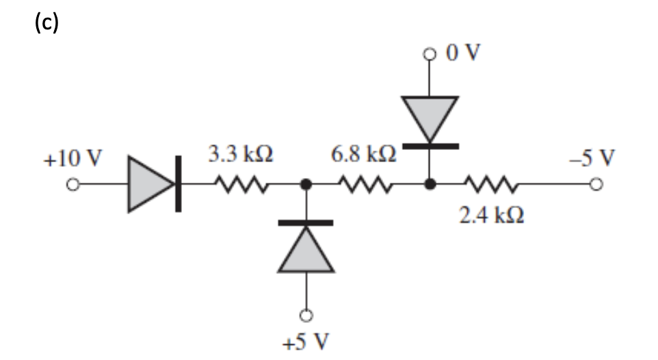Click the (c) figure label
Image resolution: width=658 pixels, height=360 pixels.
pos(47,23)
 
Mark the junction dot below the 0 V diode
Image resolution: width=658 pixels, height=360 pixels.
pos(430,184)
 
